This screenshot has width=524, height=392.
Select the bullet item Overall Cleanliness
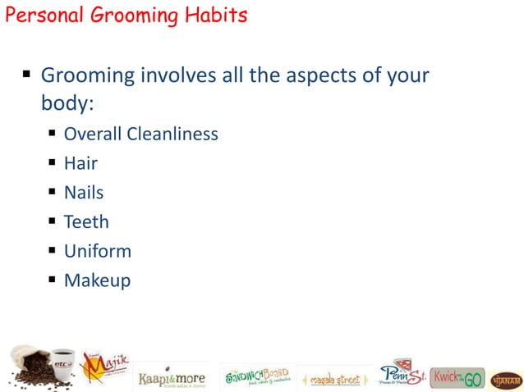point(140,134)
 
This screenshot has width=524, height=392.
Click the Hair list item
point(80,163)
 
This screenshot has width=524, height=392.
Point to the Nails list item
point(84,193)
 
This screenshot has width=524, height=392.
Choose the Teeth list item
point(86,221)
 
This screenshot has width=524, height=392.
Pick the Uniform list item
point(97,251)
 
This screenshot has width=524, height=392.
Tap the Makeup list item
point(97,280)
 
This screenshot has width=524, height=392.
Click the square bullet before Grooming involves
point(26,75)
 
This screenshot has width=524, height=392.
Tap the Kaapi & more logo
point(172,377)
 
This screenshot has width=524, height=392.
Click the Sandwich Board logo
point(257,376)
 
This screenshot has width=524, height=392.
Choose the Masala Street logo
point(334,379)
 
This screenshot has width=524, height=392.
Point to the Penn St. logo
point(402,373)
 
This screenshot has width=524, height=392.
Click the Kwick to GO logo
point(457,377)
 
